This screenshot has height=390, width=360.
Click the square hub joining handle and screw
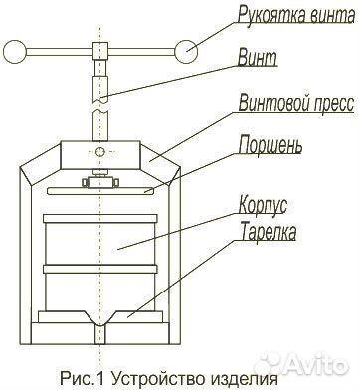coord(99,51)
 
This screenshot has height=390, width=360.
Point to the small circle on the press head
coord(99,152)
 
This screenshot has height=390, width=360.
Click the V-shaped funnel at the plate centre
coord(99,323)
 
